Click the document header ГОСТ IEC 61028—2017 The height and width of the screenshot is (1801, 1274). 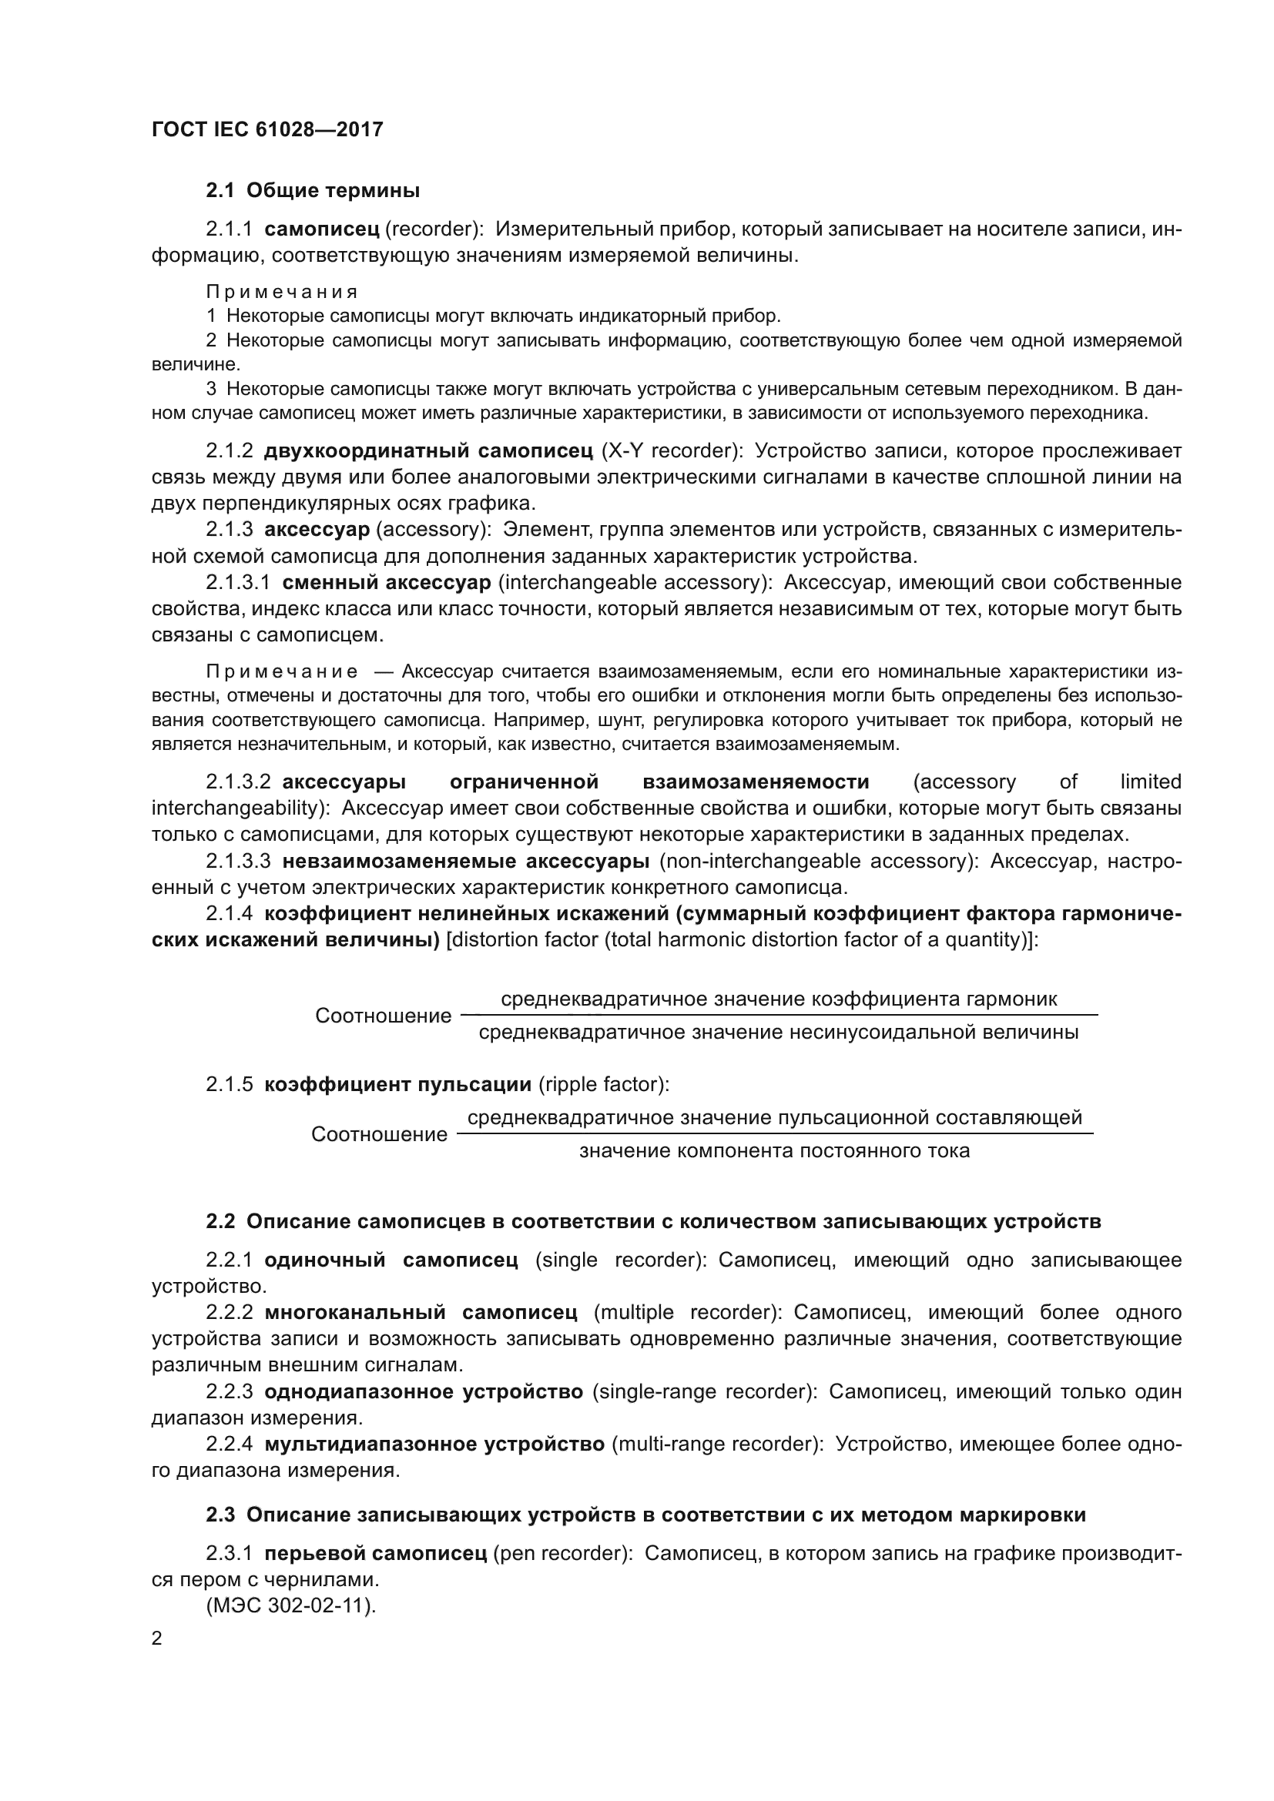coord(267,129)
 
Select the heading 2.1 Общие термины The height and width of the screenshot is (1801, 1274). coord(312,191)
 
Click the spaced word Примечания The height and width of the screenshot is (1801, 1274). coord(282,292)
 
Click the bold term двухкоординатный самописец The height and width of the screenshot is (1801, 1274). coord(428,451)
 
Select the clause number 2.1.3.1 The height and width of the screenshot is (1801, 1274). coord(238,583)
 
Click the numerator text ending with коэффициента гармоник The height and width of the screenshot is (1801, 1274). coord(778,999)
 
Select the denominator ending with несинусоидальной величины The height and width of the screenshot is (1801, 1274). coord(778,1033)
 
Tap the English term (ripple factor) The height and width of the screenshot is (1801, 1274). coord(603,1085)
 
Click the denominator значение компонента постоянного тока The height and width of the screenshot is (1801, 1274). coord(774,1150)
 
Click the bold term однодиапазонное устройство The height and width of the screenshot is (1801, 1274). coord(424,1391)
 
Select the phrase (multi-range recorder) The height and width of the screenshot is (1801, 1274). coord(716,1444)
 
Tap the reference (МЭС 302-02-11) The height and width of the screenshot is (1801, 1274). coord(291,1605)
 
